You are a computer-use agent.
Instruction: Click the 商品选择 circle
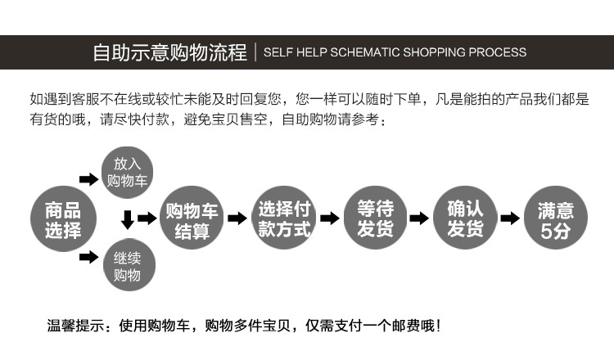(x=63, y=219)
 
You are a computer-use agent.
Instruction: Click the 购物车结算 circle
(x=192, y=219)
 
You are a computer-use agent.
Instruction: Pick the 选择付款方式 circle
(x=284, y=219)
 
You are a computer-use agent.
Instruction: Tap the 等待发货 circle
(x=375, y=219)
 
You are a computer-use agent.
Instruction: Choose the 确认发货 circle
(x=465, y=219)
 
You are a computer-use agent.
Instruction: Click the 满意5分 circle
(x=556, y=219)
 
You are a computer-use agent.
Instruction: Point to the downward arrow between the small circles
(x=127, y=219)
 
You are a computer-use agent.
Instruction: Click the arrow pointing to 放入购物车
(x=88, y=179)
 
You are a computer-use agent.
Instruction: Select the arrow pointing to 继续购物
(x=88, y=259)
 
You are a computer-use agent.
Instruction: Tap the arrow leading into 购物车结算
(x=147, y=218)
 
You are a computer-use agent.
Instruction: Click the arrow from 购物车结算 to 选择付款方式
(x=237, y=218)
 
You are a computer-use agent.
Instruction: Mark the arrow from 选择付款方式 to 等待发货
(x=329, y=218)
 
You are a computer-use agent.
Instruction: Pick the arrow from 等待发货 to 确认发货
(x=419, y=218)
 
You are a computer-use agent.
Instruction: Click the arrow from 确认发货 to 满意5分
(x=510, y=218)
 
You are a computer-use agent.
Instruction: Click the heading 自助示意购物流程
(x=169, y=53)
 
